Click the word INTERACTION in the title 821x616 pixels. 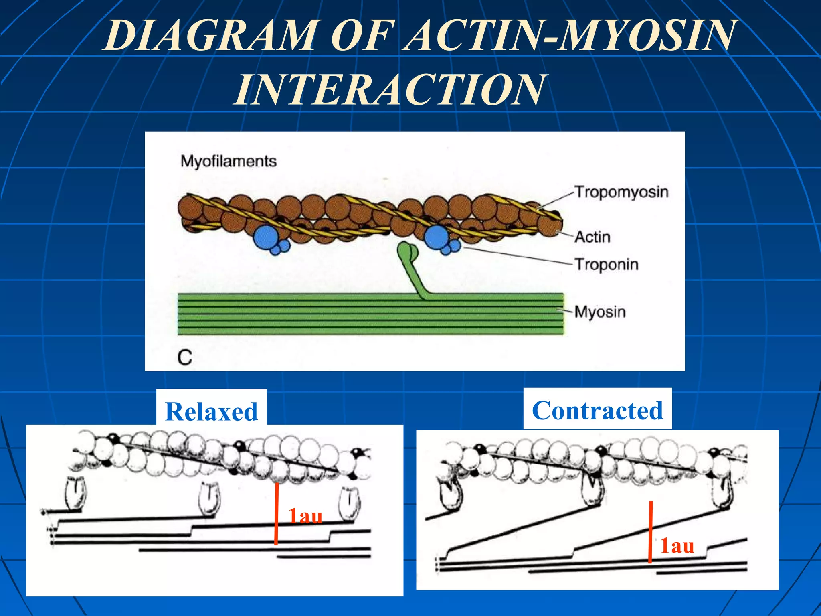(x=389, y=90)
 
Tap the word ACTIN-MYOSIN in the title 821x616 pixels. (x=569, y=36)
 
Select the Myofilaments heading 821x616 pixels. (x=228, y=161)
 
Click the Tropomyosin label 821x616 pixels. (x=621, y=192)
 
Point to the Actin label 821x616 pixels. (x=592, y=237)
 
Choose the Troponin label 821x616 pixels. (x=607, y=265)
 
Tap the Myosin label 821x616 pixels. (x=600, y=312)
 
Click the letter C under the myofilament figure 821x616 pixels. (x=185, y=357)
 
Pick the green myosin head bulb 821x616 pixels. (x=407, y=251)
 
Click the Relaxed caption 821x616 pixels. (x=211, y=412)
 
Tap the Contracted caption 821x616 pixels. (x=597, y=411)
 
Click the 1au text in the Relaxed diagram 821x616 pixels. (x=305, y=516)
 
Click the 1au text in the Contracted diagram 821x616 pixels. (x=677, y=546)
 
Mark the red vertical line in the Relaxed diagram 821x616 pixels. (x=276, y=513)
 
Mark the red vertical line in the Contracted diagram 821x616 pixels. (x=650, y=531)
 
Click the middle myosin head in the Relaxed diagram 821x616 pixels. (x=209, y=498)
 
